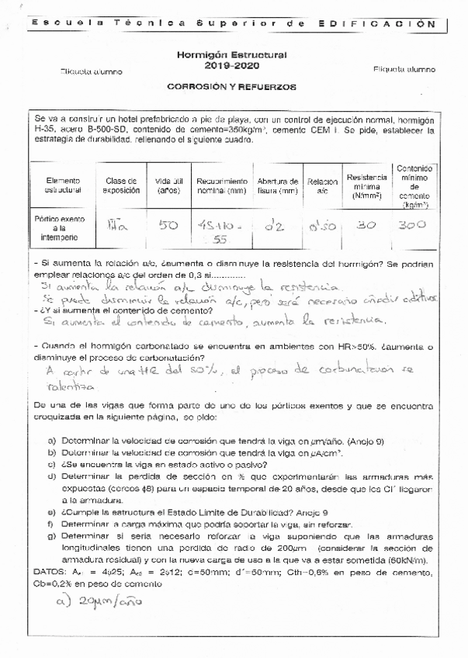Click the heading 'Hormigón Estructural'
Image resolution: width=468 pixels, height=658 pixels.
click(x=232, y=55)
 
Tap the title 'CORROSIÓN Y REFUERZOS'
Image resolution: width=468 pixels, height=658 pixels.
click(x=232, y=87)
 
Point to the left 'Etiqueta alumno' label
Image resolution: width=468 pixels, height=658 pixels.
click(x=91, y=71)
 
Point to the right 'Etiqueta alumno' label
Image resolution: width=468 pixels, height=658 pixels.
click(x=404, y=69)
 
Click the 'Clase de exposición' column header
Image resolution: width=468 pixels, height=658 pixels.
click(x=120, y=185)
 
